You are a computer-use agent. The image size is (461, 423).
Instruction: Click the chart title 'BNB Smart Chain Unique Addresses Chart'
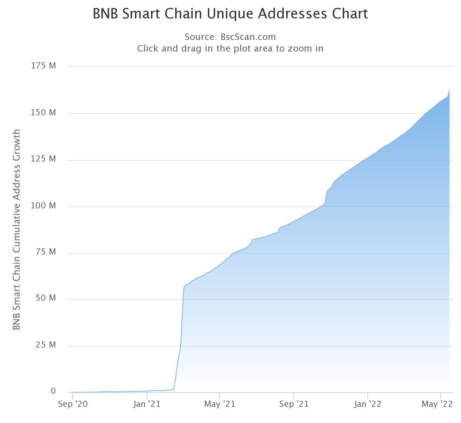tap(230, 14)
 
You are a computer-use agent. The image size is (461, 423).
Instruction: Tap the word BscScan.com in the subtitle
tap(248, 37)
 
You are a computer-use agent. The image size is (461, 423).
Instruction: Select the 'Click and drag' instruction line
tap(230, 48)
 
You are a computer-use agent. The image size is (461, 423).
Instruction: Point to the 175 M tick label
tap(43, 66)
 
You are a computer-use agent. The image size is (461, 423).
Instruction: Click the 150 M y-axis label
tap(43, 113)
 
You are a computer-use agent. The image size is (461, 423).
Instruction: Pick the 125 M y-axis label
tap(43, 159)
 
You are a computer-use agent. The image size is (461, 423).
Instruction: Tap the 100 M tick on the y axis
tap(43, 206)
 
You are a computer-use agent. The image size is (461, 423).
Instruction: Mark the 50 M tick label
tap(46, 298)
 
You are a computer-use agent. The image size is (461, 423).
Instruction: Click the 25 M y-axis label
tap(46, 345)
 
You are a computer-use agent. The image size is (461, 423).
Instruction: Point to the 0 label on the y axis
tap(53, 391)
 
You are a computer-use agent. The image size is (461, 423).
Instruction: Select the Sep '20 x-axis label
tap(73, 404)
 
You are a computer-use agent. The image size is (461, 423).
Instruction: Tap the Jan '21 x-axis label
tap(146, 404)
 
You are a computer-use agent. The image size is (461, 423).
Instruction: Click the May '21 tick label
tap(219, 404)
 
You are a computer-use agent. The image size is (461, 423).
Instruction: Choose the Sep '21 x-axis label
tap(294, 404)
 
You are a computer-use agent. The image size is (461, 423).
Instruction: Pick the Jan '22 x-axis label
tap(368, 404)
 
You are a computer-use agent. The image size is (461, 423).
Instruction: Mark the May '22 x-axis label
tap(437, 404)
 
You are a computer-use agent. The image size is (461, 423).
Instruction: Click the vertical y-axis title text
tap(16, 229)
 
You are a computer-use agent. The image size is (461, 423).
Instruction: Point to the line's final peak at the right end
tap(449, 91)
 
